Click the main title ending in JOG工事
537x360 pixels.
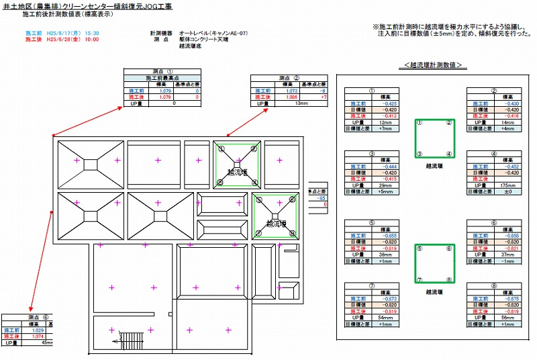(x=96, y=6)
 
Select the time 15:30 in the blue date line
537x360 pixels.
(x=92, y=33)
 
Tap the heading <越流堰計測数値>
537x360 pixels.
(x=434, y=64)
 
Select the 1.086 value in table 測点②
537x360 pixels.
(x=289, y=97)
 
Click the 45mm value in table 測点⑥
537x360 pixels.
(x=46, y=343)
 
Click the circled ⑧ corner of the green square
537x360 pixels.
(x=450, y=280)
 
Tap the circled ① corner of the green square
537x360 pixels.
(x=420, y=123)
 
